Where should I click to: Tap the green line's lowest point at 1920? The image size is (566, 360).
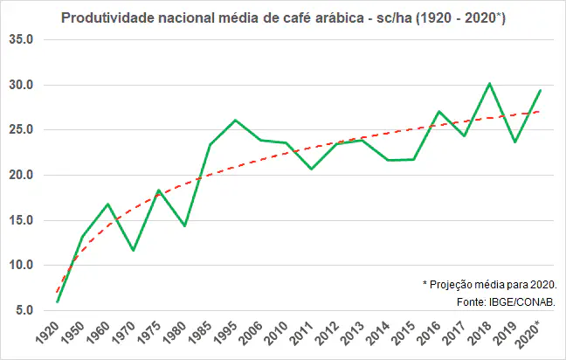[x=57, y=301]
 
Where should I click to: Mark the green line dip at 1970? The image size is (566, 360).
[x=133, y=251]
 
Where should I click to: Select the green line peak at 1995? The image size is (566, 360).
[x=235, y=121]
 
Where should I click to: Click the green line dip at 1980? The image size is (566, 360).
[x=184, y=226]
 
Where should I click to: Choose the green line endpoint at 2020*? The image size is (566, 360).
[x=540, y=91]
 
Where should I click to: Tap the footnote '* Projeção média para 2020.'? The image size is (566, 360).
[x=490, y=284]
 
